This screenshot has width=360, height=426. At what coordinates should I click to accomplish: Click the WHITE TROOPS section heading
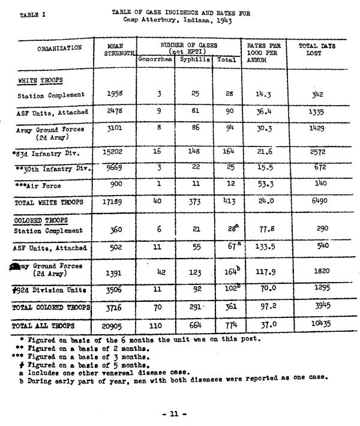(40, 80)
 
